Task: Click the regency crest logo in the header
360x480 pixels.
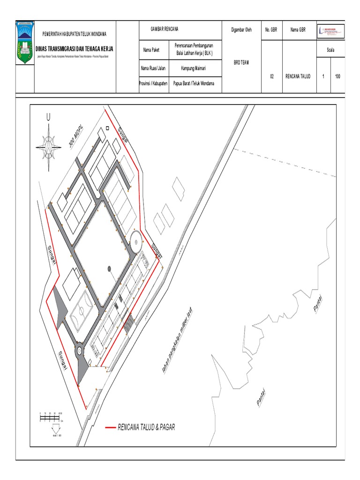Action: pos(25,42)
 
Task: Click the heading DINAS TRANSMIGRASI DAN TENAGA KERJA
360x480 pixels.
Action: pos(75,49)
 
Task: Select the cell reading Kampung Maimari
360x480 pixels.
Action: pos(194,68)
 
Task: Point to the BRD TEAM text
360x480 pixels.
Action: pos(241,62)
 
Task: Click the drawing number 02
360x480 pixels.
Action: pos(272,76)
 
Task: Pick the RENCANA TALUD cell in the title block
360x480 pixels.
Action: pos(298,76)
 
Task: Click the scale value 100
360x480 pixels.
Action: pos(337,76)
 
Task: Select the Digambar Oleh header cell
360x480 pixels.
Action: pos(241,30)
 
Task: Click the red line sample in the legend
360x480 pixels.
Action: pos(110,427)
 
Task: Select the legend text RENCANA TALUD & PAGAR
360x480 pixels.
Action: pos(146,427)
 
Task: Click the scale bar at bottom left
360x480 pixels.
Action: pos(51,417)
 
